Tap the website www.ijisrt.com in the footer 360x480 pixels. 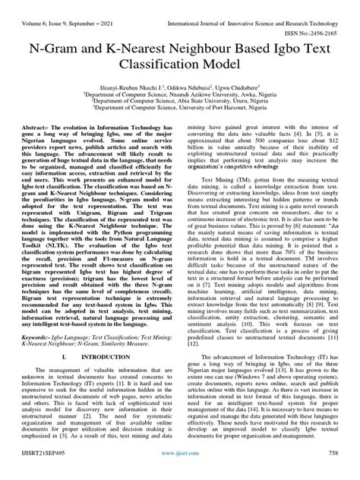180,472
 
